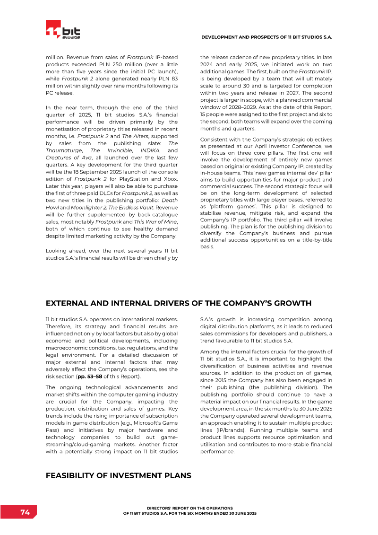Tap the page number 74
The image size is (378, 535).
[x=25, y=512]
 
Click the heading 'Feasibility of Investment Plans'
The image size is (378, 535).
[x=118, y=475]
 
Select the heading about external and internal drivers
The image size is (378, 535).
[x=178, y=303]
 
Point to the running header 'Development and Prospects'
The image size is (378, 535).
[x=267, y=37]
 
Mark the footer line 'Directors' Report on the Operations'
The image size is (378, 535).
[x=189, y=508]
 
